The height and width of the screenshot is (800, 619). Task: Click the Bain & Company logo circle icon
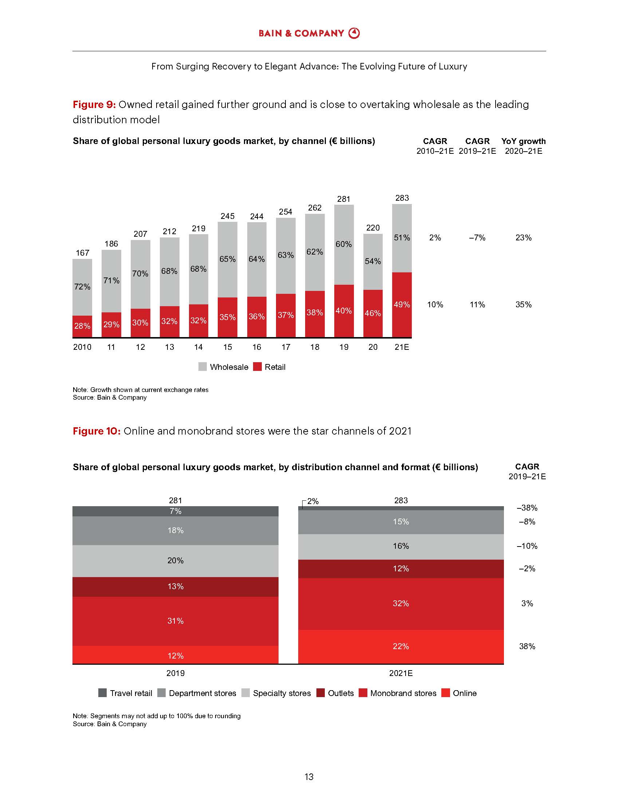pos(354,33)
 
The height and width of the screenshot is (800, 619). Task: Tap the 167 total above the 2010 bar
pos(82,253)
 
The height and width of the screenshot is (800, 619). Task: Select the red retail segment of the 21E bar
pos(402,305)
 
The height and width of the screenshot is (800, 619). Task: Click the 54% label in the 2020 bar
pos(372,261)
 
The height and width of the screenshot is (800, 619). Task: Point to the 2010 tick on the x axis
pos(82,347)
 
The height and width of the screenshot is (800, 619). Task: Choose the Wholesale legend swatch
pos(202,367)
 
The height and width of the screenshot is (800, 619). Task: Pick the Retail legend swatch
pos(257,367)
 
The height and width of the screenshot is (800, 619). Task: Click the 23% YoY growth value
pos(523,238)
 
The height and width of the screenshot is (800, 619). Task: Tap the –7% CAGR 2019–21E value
pos(477,238)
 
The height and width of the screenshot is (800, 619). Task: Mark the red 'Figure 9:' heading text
pos(94,105)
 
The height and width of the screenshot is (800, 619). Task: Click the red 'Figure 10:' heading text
pos(96,431)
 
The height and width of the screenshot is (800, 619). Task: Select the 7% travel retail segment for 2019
pos(175,511)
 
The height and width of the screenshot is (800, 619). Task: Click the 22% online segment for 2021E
pos(401,646)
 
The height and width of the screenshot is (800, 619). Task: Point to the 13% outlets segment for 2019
pos(175,587)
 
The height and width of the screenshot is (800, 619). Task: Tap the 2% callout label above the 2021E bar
pos(313,501)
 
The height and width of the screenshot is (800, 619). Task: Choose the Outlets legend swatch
pos(320,693)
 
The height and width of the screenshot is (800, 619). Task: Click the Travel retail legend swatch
pos(103,693)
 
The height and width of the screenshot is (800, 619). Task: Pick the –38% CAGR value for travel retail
pos(527,508)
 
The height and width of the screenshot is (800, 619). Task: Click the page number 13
pos(309,777)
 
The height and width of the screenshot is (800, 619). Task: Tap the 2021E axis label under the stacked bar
pos(401,673)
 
